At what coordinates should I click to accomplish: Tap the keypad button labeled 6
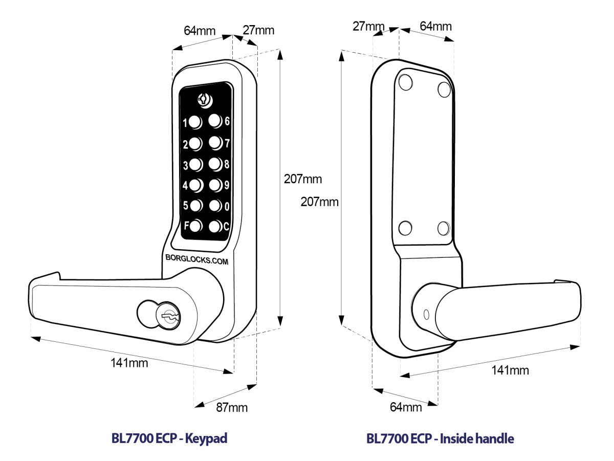click(x=214, y=121)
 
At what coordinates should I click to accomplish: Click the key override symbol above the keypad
click(x=203, y=99)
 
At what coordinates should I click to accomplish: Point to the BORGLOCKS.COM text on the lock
click(x=196, y=259)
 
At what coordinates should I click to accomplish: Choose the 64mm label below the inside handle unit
click(x=406, y=407)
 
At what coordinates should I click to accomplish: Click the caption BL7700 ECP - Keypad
click(x=169, y=439)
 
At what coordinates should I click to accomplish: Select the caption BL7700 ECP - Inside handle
click(x=440, y=439)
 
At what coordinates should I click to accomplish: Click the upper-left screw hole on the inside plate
click(x=406, y=81)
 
